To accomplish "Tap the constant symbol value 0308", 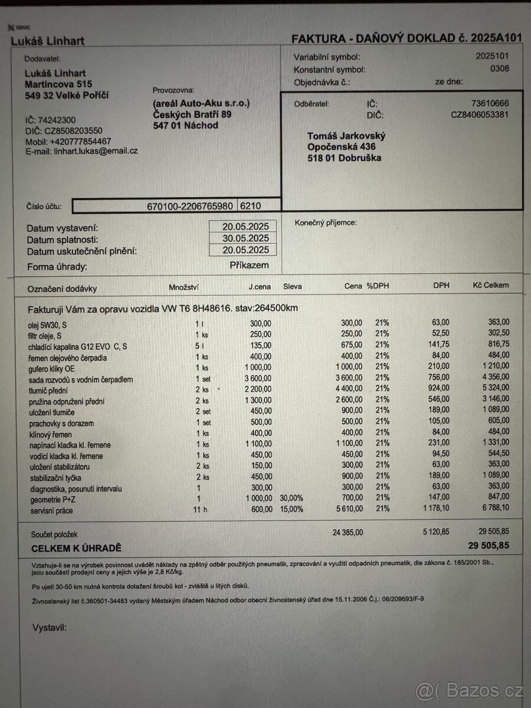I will [x=499, y=69].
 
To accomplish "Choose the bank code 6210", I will [x=250, y=206].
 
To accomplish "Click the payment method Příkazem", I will [x=249, y=265].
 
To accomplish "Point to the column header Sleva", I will [x=292, y=286].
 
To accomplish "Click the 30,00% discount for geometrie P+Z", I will [x=291, y=499].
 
